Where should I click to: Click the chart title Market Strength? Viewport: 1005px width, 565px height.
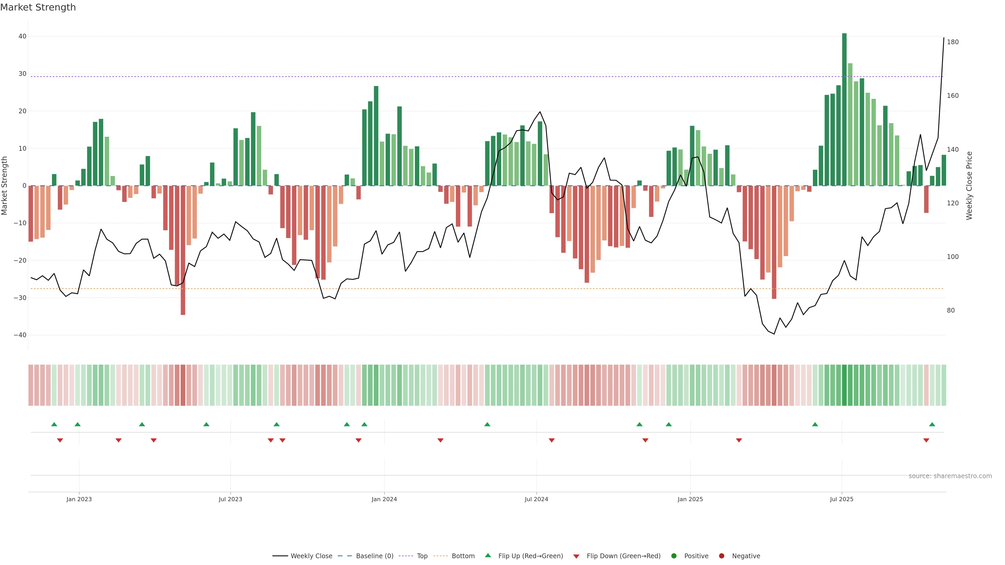[38, 7]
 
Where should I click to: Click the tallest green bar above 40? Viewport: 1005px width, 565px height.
[844, 109]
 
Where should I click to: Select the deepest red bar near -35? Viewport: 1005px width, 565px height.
[183, 250]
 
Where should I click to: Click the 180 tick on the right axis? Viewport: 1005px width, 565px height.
[953, 42]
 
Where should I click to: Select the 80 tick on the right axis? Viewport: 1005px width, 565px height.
[951, 310]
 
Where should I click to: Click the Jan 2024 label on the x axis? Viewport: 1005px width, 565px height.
[384, 499]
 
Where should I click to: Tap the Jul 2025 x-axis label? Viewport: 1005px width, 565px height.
[841, 499]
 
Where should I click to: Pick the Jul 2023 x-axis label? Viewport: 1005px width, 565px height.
[230, 499]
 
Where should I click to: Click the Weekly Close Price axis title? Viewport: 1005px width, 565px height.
[969, 186]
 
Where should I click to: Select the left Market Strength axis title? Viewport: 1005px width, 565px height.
[5, 186]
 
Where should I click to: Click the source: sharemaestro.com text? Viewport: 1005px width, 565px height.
[950, 476]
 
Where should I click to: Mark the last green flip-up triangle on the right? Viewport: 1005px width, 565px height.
[932, 424]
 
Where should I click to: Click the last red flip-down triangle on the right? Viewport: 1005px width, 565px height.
[926, 440]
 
